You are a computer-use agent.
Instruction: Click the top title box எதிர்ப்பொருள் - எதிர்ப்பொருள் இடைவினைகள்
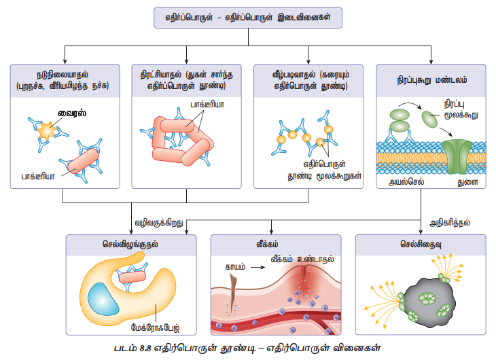tap(247, 18)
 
